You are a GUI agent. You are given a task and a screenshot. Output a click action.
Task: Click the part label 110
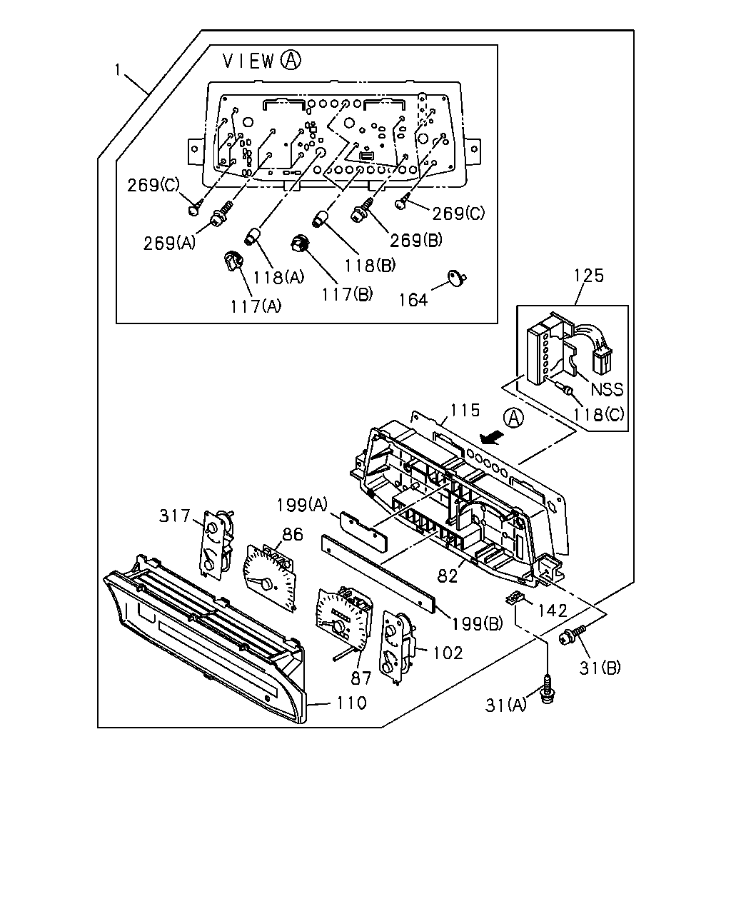tap(351, 703)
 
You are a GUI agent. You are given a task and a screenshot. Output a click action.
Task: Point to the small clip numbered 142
tap(514, 598)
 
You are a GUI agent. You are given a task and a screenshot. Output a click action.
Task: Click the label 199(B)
tap(477, 623)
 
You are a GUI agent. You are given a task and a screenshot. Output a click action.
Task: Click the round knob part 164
tap(457, 278)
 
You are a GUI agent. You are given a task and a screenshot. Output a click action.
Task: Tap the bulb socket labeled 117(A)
tap(233, 261)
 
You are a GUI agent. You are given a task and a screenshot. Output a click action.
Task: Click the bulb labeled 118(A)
tap(253, 236)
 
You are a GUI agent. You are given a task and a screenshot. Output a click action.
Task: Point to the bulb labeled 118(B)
tap(321, 219)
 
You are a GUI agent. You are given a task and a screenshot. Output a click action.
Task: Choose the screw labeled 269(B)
tap(362, 209)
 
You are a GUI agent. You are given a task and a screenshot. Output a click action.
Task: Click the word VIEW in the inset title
tap(249, 61)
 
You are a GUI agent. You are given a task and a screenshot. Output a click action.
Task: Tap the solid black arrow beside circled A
tap(491, 438)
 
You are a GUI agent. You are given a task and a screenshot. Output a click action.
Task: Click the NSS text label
tap(607, 389)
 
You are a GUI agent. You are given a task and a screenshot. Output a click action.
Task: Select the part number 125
tap(589, 276)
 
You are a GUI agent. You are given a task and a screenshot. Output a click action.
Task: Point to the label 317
tap(175, 516)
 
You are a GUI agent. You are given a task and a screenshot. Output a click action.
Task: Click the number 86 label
tap(293, 534)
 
